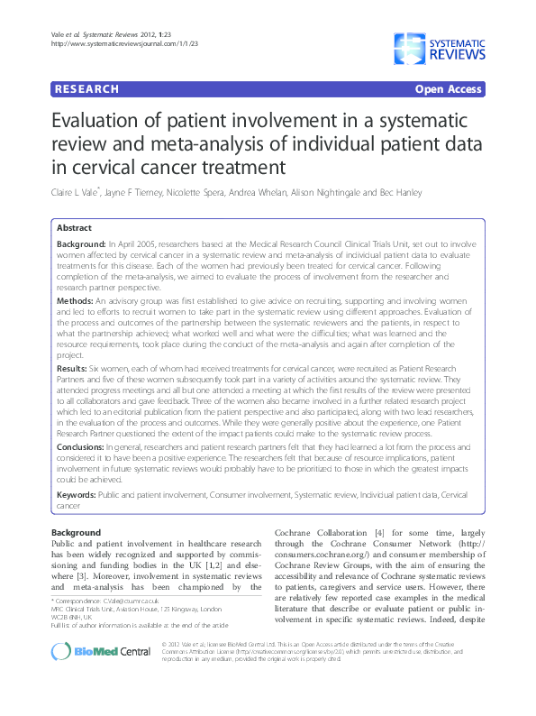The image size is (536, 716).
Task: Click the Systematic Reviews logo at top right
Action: coord(439,44)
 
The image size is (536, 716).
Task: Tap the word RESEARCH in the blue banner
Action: coord(86,89)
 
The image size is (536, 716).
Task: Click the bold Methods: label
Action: coord(75,299)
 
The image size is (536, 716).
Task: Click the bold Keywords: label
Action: coord(77,494)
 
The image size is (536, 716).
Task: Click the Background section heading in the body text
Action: coord(77,532)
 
